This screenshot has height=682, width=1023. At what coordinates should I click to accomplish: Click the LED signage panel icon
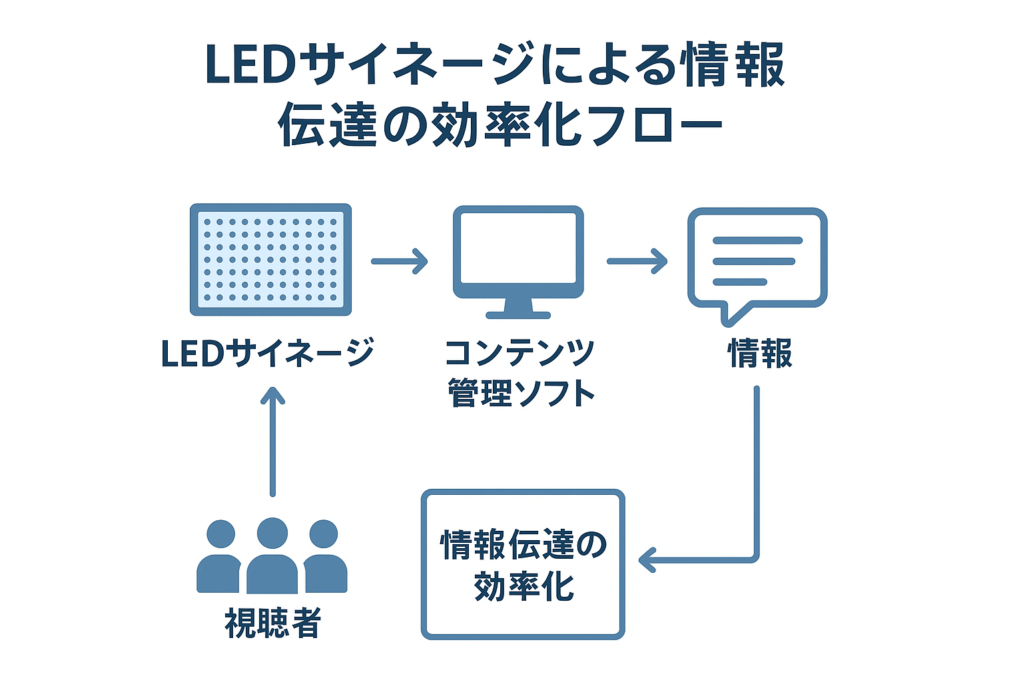pyautogui.click(x=270, y=259)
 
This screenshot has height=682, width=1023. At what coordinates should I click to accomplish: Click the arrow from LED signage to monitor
pyautogui.click(x=399, y=261)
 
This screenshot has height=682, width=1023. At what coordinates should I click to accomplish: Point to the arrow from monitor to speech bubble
pyautogui.click(x=637, y=261)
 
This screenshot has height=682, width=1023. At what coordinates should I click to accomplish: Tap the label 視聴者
pyautogui.click(x=273, y=623)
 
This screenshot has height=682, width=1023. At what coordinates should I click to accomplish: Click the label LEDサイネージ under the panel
pyautogui.click(x=267, y=353)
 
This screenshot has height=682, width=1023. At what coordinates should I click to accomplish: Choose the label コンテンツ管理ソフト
pyautogui.click(x=519, y=372)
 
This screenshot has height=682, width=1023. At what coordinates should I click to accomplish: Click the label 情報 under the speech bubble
pyautogui.click(x=760, y=353)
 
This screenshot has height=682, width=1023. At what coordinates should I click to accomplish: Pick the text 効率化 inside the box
pyautogui.click(x=523, y=586)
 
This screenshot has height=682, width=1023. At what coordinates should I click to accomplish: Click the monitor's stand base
pyautogui.click(x=518, y=314)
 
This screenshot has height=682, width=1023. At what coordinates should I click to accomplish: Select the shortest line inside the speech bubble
pyautogui.click(x=740, y=282)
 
